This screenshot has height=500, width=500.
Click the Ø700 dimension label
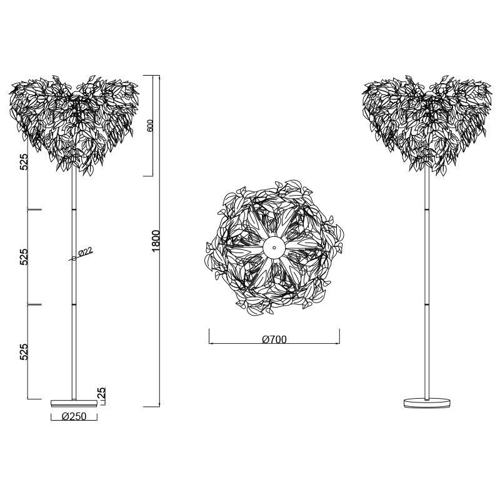274,339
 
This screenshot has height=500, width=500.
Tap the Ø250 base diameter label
74,416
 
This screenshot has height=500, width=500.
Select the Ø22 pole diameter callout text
85,252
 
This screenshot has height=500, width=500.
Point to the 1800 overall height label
156,241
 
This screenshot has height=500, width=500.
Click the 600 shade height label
150,125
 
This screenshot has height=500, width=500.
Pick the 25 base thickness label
102,392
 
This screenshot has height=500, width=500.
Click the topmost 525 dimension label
24,162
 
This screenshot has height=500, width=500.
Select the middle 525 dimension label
24,257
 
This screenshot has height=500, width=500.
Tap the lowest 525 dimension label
24,352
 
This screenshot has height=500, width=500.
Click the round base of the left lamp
74,403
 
